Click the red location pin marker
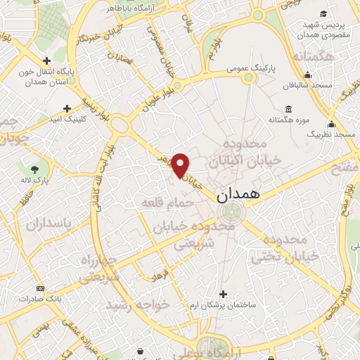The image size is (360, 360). pyautogui.click(x=181, y=165)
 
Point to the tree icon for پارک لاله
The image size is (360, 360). pyautogui.click(x=35, y=169)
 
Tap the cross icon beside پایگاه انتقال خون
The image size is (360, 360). pyautogui.click(x=46, y=61)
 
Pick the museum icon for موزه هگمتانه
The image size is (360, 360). pyautogui.click(x=289, y=109)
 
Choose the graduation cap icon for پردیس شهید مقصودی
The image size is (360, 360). pyautogui.click(x=323, y=14)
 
